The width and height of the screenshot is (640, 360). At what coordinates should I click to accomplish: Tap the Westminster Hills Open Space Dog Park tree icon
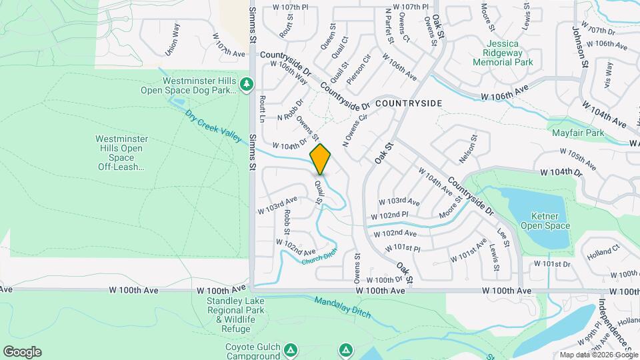[x=247, y=84]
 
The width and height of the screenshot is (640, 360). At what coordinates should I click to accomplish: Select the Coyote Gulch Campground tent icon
[x=290, y=349]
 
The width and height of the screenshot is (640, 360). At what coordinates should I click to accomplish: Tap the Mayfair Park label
[x=577, y=133]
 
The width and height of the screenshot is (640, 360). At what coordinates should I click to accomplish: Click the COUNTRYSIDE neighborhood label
[x=408, y=104]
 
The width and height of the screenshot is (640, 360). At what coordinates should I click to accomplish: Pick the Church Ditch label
[x=319, y=256]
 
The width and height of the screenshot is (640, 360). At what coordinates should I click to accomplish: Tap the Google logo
[x=22, y=352]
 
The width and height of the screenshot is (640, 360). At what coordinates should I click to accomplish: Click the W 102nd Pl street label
[x=389, y=215]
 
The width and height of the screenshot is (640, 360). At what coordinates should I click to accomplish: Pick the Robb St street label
[x=287, y=222]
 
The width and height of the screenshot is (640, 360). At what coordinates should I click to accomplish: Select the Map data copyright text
[x=598, y=354]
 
